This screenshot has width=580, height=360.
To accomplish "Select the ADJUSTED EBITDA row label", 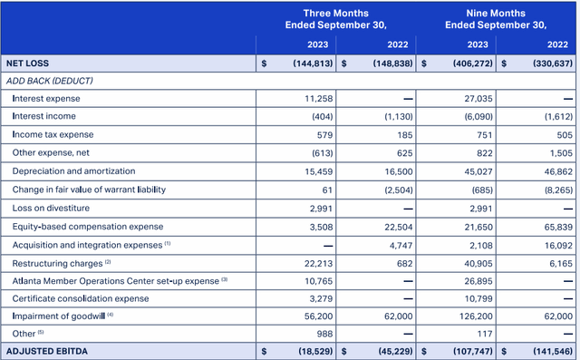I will point(44,349).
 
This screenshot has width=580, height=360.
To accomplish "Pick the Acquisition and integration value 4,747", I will point(399,243).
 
